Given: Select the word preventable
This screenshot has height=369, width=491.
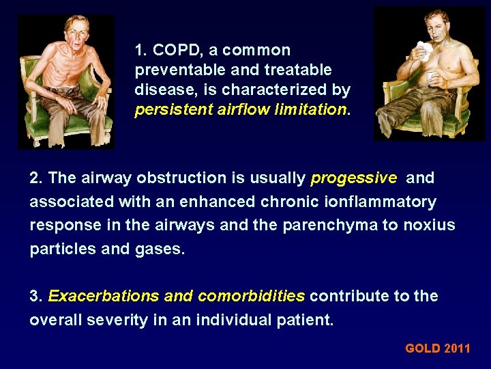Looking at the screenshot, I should click(175, 70).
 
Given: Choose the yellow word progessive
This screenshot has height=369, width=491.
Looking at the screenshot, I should click(353, 178).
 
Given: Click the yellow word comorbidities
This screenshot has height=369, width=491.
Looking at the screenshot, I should click(251, 297).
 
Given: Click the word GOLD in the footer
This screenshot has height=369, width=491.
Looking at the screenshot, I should click(423, 348).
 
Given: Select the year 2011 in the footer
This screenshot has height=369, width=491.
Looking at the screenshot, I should click(458, 348).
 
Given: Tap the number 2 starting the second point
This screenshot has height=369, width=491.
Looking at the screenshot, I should click(34, 178).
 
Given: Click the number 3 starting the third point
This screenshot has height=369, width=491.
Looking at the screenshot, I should click(34, 297).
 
